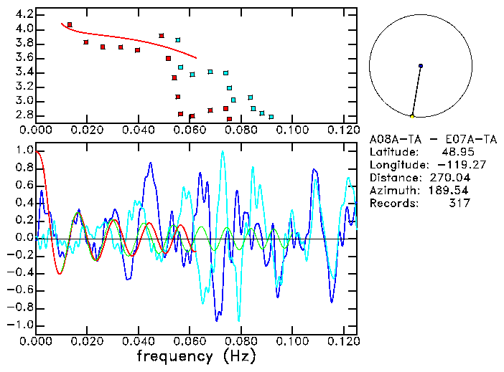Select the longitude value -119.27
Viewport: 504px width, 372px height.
click(x=449, y=165)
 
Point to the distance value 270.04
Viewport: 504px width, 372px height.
click(x=449, y=178)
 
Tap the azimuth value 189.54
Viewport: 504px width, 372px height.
click(x=449, y=191)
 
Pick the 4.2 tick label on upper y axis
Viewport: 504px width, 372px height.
click(x=24, y=14)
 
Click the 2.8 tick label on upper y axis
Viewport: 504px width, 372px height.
click(x=24, y=115)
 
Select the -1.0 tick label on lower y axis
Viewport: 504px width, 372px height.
click(x=22, y=325)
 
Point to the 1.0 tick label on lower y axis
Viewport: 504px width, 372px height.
click(x=24, y=151)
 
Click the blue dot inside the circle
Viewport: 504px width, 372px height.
click(x=421, y=66)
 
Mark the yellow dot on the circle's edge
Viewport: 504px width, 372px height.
click(x=412, y=115)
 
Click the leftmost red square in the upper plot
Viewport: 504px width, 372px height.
click(x=70, y=24)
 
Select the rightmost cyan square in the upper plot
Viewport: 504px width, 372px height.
click(x=271, y=116)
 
